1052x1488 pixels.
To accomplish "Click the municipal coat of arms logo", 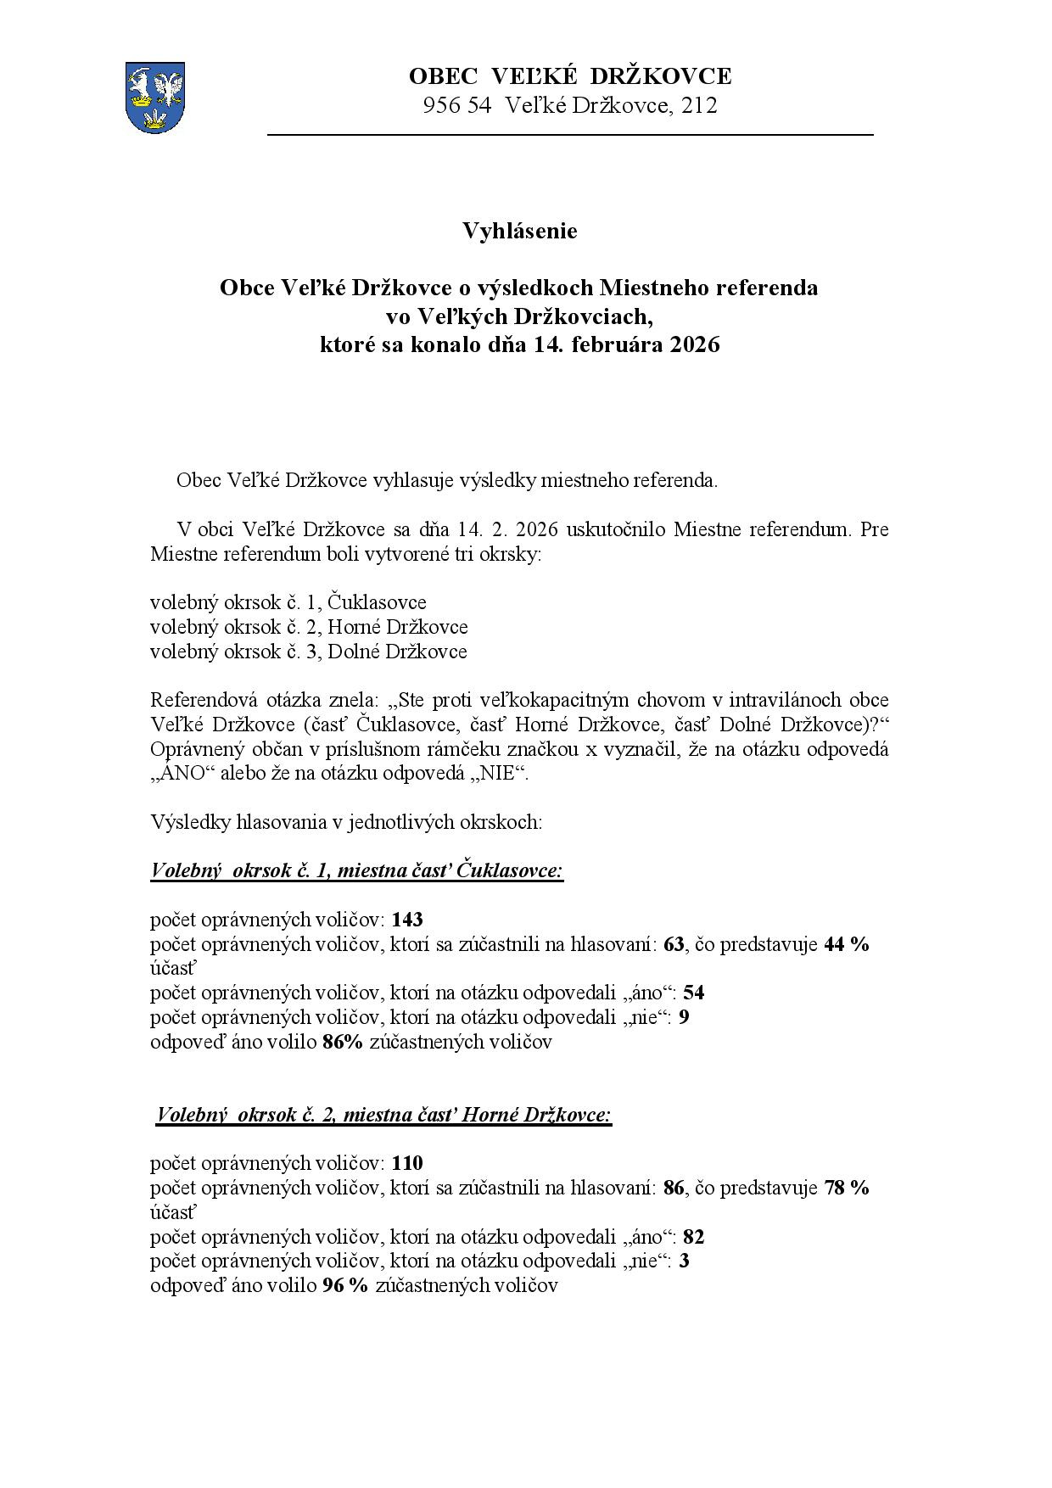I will (154, 97).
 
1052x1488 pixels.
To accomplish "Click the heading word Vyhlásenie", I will (519, 231).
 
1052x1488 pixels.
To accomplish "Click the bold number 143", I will (407, 920).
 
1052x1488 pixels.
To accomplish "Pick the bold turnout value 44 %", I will (846, 944).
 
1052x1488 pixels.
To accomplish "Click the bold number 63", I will (674, 944).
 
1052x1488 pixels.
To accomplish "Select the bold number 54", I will (693, 993).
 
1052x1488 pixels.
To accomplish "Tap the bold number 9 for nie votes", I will (684, 1017).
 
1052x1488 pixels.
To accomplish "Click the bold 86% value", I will (343, 1042).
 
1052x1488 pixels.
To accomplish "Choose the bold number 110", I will (407, 1163).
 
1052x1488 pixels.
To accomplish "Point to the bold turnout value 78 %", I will (846, 1188).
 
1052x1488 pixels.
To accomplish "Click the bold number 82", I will (693, 1237).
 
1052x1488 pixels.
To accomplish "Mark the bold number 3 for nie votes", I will (684, 1261).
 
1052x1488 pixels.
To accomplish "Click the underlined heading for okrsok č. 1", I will (356, 871).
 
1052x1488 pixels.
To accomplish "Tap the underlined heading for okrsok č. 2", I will (383, 1115).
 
